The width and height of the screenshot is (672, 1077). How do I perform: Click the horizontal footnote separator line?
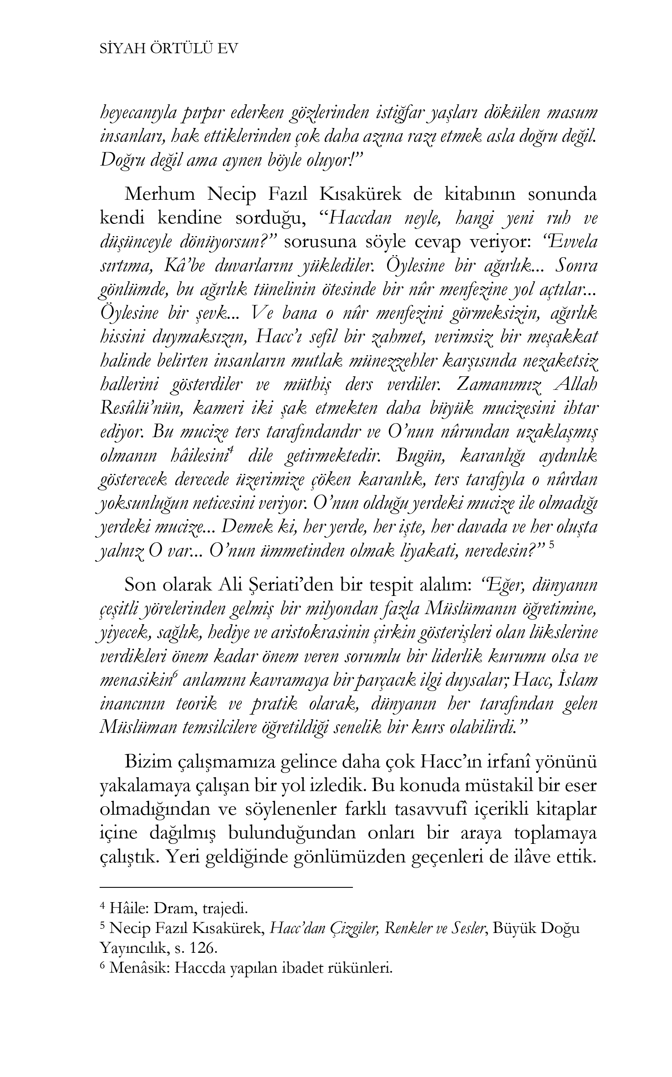click(227, 887)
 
